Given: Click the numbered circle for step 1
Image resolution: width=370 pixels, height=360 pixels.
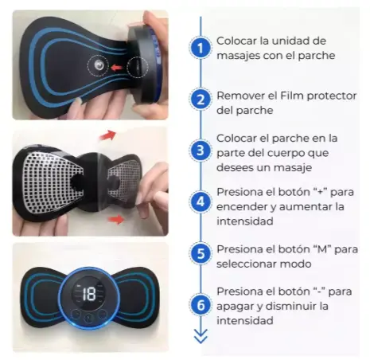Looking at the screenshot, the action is tap(201, 48).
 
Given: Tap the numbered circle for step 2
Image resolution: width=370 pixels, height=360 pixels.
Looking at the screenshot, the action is tap(201, 100).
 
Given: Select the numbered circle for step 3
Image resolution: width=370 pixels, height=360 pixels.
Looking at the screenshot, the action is tap(201, 151).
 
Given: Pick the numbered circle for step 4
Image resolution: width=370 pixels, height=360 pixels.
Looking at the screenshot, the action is tap(201, 202).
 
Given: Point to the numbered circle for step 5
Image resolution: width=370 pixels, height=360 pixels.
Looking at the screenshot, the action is tap(201, 253).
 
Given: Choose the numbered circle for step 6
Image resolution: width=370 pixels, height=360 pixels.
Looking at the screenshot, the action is tap(201, 304).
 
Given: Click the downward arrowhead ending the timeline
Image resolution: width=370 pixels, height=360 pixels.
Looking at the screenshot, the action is tap(201, 336).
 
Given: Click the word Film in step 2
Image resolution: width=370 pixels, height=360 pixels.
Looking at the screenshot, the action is tap(291, 96).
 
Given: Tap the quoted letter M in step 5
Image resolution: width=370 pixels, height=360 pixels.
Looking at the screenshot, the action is tap(322, 249).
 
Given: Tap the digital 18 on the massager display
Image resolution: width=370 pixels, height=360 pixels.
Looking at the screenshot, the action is tap(89, 294).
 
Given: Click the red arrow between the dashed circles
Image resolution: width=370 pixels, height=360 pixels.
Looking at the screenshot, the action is tap(116, 68).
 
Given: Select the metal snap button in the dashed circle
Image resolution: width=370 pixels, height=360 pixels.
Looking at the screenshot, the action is tap(99, 65).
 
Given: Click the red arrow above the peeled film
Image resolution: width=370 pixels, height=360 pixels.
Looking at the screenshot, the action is tap(107, 135).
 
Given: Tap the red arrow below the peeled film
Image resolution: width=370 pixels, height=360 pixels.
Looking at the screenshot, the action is tap(116, 220).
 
